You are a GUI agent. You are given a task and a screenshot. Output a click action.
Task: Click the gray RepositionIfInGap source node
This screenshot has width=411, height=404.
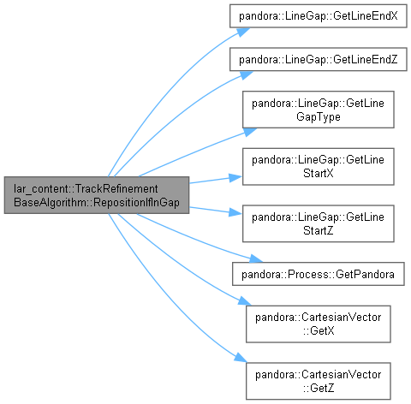point(97,195)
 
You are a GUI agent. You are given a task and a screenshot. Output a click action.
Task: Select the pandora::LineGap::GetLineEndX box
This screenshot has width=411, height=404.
point(319,16)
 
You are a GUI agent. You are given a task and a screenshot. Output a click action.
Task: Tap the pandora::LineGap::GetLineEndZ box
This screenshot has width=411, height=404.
point(319,59)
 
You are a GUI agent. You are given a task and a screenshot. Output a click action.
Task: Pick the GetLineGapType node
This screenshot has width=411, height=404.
point(319,110)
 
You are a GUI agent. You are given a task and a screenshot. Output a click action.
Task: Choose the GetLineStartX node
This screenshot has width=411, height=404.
point(319,167)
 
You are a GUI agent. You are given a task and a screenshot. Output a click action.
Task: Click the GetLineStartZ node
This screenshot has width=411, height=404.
point(319,223)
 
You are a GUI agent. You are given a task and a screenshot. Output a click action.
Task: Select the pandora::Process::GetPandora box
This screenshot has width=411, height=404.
point(319,274)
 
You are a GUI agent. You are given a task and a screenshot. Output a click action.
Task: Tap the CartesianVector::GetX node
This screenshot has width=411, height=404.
point(319,324)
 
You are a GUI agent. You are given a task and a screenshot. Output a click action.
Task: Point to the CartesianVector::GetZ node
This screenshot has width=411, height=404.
point(319,381)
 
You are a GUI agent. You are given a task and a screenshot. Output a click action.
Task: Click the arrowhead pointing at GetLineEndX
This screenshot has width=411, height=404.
point(243,32)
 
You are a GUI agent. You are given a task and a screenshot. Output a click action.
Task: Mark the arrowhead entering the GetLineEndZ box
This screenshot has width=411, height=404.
point(247,74)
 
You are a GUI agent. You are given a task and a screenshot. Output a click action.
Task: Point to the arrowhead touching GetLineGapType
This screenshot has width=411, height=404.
point(250,132)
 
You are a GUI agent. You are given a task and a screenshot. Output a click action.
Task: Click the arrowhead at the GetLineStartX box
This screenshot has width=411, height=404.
point(235,178)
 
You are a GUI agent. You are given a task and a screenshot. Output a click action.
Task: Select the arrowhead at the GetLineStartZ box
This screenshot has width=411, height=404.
point(235,212)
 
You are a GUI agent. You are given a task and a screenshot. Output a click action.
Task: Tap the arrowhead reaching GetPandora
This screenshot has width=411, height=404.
point(255,258)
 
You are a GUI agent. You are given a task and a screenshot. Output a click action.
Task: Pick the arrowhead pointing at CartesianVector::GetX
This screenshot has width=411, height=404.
point(245,301)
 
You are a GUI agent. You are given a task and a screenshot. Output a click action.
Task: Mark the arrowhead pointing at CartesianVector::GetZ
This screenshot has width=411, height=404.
point(241,359)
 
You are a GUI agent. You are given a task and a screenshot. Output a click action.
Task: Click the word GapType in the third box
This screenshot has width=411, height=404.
point(319,116)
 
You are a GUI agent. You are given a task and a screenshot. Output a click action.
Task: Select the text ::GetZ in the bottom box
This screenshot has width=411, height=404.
point(319,388)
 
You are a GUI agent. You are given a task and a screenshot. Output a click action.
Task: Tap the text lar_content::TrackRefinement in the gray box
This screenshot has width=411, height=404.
point(86,188)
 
